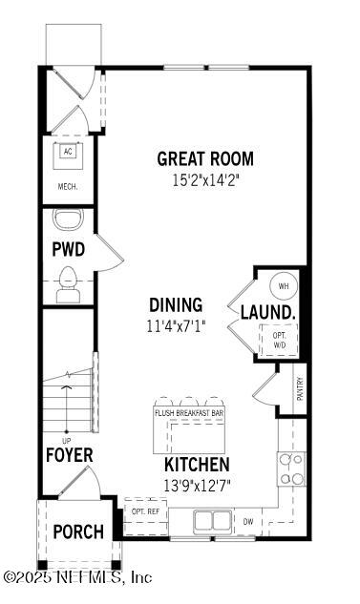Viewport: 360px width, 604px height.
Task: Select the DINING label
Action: pos(176,305)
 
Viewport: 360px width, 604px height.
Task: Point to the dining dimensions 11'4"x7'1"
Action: pos(176,324)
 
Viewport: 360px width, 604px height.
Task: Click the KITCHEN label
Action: pos(197,465)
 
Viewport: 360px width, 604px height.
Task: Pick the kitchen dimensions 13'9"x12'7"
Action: pos(197,484)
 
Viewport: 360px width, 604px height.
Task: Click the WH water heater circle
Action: pos(283,285)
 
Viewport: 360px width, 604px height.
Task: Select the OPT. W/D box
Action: pos(280,339)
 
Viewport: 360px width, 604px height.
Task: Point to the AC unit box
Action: pos(67,152)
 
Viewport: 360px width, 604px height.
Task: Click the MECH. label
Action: pos(67,187)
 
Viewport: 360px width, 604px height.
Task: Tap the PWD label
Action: pos(68,250)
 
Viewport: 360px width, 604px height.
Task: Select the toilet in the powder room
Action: pos(68,282)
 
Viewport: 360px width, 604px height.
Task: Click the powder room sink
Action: pos(68,221)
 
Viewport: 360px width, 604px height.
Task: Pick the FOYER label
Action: pos(70,455)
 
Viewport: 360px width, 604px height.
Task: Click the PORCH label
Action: pos(77,531)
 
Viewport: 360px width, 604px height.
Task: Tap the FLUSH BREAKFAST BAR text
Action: pos(189,413)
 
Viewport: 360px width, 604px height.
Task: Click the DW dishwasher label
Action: pos(247,522)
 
